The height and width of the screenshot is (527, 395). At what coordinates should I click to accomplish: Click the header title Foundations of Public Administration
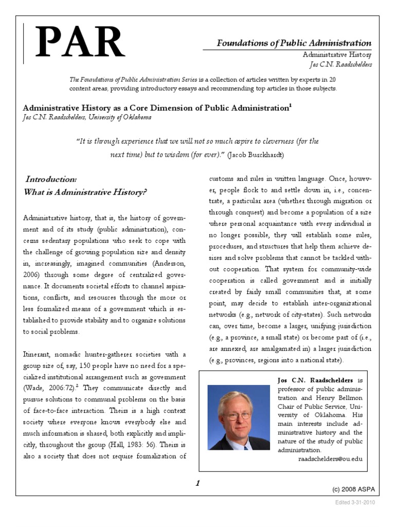pos(294,43)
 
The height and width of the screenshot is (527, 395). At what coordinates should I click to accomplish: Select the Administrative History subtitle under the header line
pos(337,55)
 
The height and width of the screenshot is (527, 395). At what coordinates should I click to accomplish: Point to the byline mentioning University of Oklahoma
pos(87,117)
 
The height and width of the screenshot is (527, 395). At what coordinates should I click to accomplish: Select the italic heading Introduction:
pos(51,179)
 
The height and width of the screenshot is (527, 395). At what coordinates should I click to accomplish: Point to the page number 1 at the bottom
pos(198,483)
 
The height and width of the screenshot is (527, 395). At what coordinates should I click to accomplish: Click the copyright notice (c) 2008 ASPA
pos(352,487)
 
